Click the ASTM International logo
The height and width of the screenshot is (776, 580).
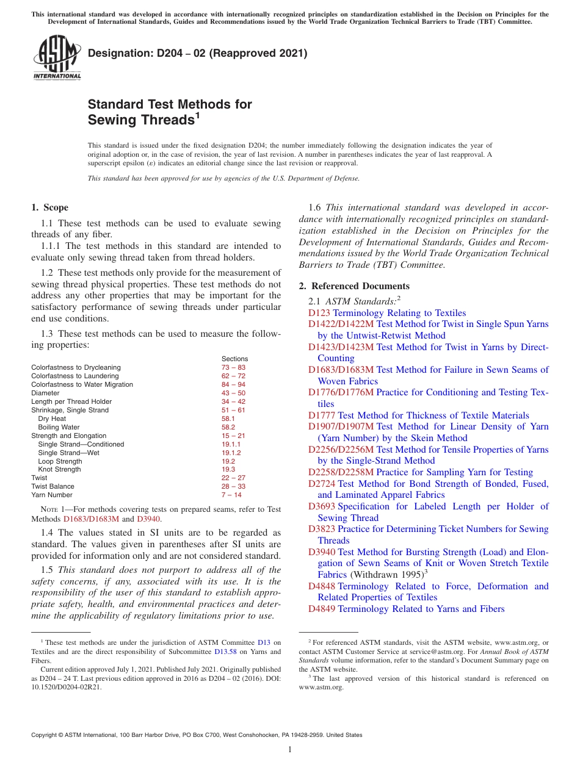[x=56, y=57]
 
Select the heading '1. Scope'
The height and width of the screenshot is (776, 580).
[x=50, y=207]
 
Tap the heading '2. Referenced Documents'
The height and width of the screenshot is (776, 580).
[x=354, y=286]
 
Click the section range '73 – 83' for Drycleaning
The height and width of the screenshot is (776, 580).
[x=233, y=367]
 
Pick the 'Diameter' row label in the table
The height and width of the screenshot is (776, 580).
[x=45, y=393]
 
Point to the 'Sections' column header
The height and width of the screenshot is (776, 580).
[x=234, y=359]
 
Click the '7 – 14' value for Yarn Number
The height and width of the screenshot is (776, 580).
[x=231, y=495]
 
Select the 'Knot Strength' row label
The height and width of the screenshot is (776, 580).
[x=59, y=469]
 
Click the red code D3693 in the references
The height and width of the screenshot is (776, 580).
[x=321, y=506]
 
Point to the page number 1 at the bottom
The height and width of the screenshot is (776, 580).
[x=290, y=749]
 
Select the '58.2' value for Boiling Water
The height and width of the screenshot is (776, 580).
[x=228, y=427]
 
